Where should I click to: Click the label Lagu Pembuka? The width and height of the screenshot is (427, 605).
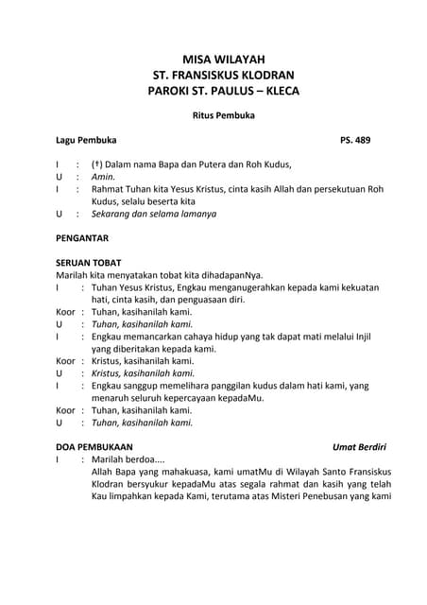(x=86, y=140)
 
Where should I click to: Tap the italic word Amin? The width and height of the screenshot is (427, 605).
(x=102, y=177)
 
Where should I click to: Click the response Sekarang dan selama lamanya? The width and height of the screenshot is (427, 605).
(x=153, y=214)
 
